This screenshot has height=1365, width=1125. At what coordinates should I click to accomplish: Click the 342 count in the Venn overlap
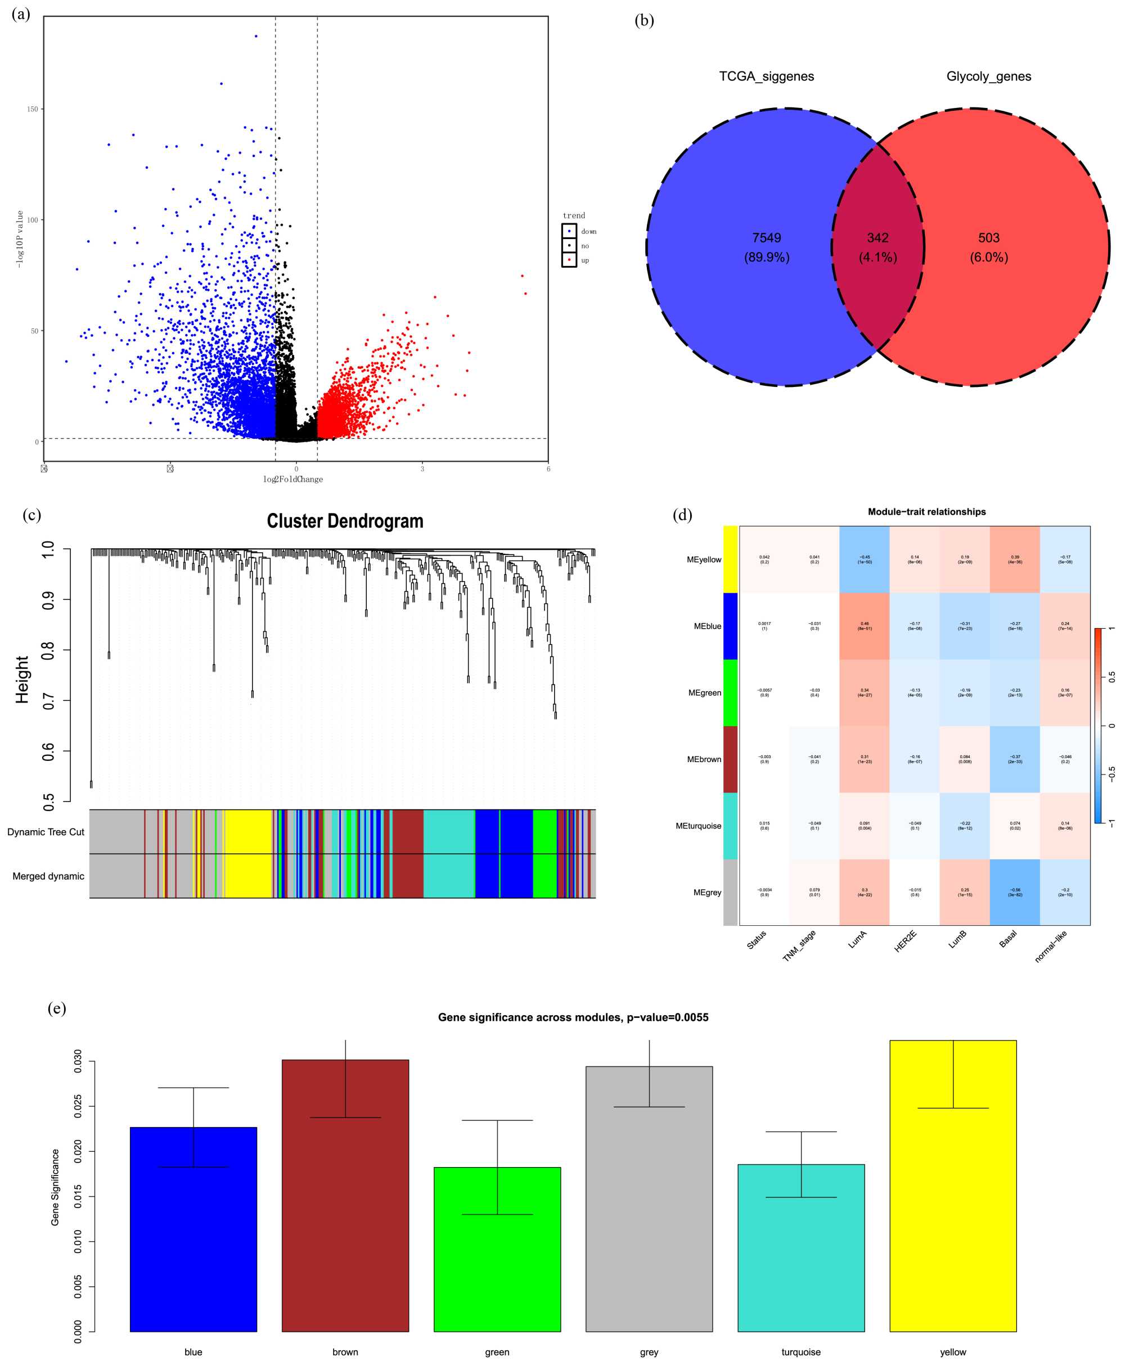(877, 238)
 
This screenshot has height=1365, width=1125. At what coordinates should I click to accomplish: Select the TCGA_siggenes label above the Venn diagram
(766, 76)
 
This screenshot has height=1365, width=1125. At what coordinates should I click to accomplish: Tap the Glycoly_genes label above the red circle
(988, 76)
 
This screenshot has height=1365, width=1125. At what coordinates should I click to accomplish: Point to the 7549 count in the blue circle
(766, 238)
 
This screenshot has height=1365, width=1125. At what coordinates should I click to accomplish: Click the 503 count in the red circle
(988, 238)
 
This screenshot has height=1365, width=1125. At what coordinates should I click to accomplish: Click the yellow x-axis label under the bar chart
(953, 1352)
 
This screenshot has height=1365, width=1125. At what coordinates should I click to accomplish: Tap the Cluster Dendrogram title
(345, 521)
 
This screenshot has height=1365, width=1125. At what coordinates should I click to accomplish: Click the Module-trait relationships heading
(926, 512)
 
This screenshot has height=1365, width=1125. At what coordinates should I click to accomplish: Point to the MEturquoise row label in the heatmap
(698, 826)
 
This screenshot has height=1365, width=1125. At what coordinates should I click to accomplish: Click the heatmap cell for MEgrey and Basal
(1015, 892)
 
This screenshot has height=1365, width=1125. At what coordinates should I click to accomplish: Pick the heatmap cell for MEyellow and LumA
(865, 559)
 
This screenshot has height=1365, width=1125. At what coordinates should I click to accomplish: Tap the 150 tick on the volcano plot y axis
(31, 109)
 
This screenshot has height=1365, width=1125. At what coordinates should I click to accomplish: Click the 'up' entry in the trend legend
(584, 260)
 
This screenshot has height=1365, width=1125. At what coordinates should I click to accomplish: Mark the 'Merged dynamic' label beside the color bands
(48, 876)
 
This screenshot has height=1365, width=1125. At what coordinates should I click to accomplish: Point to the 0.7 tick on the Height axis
(48, 700)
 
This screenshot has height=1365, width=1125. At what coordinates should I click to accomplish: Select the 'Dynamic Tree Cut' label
(46, 832)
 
